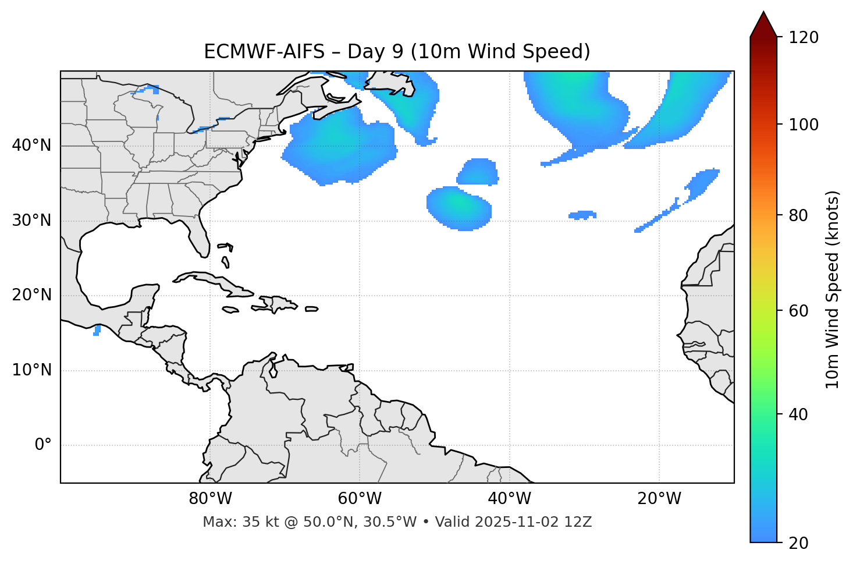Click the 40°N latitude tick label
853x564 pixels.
tap(31, 146)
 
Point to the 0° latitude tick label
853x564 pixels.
tap(43, 445)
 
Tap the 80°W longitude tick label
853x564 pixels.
tap(210, 499)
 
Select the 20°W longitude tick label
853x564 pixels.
tap(659, 499)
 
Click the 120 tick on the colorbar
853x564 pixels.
tap(804, 37)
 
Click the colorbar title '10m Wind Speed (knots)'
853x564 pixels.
tap(833, 290)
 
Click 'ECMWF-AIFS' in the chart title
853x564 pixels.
tap(264, 52)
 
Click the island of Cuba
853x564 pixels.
tap(209, 280)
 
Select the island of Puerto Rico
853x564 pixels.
tap(311, 309)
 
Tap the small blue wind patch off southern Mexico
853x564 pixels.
tap(97, 331)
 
